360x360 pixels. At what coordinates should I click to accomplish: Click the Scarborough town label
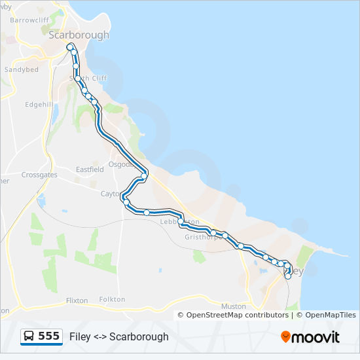[x=79, y=35]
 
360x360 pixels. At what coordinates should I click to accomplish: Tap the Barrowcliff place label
[x=29, y=20]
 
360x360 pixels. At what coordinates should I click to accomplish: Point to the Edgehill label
[x=39, y=104]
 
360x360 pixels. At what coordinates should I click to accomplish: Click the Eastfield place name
[x=90, y=169]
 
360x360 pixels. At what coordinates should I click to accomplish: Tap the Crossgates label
[x=39, y=175]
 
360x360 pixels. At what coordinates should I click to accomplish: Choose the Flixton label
[x=77, y=300]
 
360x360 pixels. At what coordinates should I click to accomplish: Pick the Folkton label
[x=112, y=299]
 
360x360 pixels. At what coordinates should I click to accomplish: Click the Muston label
[x=233, y=306]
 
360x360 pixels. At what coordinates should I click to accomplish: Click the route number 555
[x=48, y=336]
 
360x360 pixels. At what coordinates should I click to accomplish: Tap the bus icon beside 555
[x=29, y=336]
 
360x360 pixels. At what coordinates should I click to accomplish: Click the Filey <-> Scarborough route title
[x=119, y=336]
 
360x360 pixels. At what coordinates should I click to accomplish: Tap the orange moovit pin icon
[x=285, y=336]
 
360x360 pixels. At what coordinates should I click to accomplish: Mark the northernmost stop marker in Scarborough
[x=69, y=46]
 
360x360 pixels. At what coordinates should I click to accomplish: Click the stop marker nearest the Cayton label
[x=122, y=194]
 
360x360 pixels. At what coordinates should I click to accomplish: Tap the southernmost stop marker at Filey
[x=288, y=276]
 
